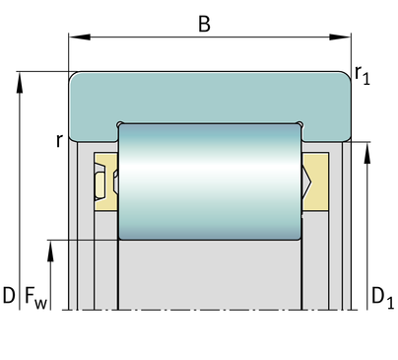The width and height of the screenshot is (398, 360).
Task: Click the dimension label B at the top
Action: tap(204, 24)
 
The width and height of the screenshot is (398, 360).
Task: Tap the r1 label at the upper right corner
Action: tap(363, 75)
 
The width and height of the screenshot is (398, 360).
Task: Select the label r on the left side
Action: tap(59, 141)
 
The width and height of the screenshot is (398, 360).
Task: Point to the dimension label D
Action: tap(9, 295)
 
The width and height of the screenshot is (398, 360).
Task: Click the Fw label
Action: tap(35, 298)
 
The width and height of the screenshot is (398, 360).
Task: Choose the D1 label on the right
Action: tap(382, 298)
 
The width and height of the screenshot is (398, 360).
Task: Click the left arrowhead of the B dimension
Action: tap(80, 37)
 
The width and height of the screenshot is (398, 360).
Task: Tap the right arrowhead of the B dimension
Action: tap(340, 37)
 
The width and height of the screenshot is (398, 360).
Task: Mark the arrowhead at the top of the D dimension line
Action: tap(20, 83)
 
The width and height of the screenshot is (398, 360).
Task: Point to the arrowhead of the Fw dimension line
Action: tap(50, 251)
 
